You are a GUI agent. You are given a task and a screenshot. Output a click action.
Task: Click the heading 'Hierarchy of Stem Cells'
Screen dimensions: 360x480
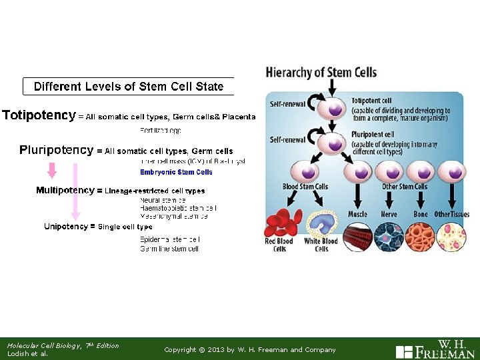[x=321, y=73]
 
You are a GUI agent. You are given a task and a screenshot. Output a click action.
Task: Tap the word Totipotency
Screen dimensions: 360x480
[x=39, y=115]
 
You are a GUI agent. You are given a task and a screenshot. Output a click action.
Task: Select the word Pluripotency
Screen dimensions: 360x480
[x=57, y=150]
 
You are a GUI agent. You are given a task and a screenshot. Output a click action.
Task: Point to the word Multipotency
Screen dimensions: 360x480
[x=65, y=191]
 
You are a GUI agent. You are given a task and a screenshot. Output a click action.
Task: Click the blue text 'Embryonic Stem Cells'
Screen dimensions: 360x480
[x=176, y=172]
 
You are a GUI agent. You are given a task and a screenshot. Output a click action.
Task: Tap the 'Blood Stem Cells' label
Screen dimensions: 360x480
[x=305, y=187]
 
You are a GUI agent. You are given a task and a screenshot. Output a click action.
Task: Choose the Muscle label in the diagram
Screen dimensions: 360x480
[x=357, y=214]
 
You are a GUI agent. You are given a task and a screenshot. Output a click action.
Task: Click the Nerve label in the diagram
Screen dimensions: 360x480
[x=389, y=214]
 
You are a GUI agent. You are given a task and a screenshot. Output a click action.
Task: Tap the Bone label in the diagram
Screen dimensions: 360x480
[x=421, y=214]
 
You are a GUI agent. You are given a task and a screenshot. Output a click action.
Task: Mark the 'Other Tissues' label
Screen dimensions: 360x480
[x=451, y=214]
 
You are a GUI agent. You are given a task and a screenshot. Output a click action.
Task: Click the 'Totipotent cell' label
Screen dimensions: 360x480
[x=371, y=101]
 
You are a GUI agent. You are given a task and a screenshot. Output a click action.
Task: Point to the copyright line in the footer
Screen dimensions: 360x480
[x=250, y=350]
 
